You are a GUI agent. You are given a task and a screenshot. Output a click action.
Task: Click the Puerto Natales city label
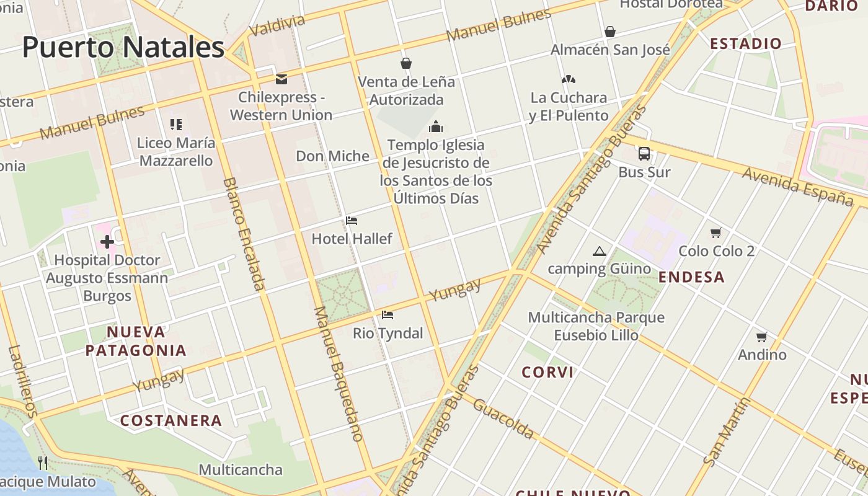tap(123, 47)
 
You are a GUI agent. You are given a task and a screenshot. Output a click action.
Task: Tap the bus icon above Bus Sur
tap(644, 154)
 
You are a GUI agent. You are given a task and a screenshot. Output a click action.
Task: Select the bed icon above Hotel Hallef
tap(352, 221)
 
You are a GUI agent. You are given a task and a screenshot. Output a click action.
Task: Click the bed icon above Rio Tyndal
tap(387, 315)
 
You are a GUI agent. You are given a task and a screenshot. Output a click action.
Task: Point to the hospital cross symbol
tap(107, 242)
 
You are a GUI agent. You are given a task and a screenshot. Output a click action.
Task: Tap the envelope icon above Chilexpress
tap(281, 79)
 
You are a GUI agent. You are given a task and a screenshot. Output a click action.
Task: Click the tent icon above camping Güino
tap(599, 251)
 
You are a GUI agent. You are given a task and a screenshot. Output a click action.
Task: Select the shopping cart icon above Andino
tap(762, 337)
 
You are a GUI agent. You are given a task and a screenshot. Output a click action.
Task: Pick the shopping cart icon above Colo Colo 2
tap(716, 233)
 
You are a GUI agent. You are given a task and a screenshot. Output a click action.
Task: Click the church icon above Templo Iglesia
tap(436, 127)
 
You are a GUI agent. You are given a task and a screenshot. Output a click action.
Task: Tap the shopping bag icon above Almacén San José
tap(610, 32)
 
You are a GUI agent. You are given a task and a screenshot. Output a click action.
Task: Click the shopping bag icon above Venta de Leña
tap(406, 63)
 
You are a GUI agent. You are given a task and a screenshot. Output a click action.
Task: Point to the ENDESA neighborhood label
tap(691, 277)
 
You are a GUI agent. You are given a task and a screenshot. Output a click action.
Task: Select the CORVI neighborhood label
tap(547, 372)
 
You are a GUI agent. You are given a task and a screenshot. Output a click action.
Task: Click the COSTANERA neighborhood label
tap(171, 420)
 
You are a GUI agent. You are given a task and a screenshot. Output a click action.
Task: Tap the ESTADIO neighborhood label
tap(746, 43)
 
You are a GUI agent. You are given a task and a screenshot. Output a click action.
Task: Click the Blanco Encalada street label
tap(243, 234)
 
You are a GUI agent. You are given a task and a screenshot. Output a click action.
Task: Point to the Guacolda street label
tap(503, 418)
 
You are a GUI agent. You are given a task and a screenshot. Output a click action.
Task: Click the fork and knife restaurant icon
tap(43, 463)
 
